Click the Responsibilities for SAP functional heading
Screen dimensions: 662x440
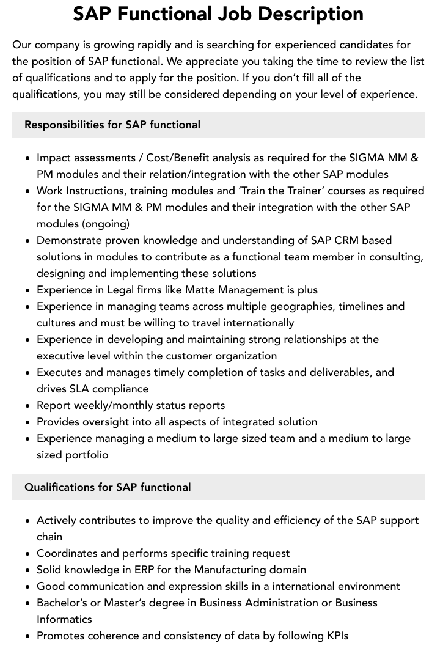[112, 125]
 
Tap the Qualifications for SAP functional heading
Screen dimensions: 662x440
[108, 487]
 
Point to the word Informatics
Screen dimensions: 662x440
[64, 619]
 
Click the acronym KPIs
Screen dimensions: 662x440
[333, 636]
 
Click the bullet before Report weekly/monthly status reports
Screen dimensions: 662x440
[28, 406]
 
